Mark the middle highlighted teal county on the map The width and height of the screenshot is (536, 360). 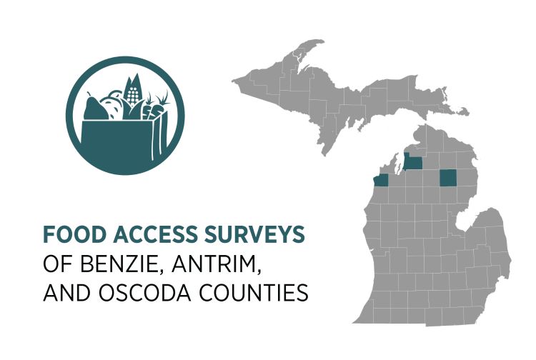413,162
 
